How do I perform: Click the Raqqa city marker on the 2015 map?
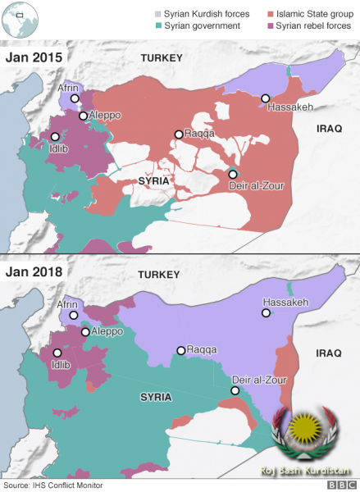coord(178,134)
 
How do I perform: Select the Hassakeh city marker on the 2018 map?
coord(265,312)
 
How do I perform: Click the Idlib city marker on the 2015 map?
coord(55,138)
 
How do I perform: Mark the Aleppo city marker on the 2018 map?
coord(85,332)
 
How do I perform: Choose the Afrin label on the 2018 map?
coord(67,304)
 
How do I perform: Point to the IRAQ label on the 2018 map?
coord(328,353)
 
